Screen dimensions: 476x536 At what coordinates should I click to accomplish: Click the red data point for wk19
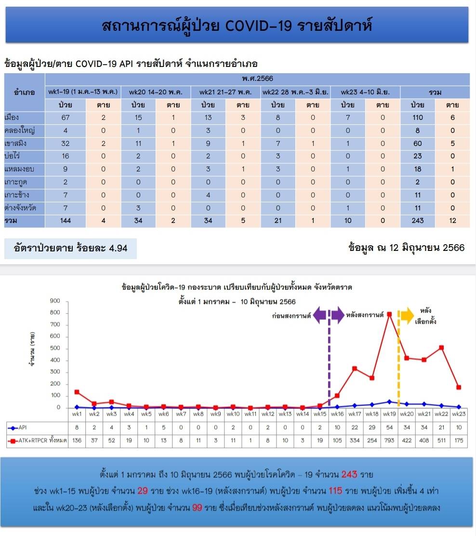[389, 314]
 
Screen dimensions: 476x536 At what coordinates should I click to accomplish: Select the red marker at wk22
[441, 348]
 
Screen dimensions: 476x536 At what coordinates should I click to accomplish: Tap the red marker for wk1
[77, 392]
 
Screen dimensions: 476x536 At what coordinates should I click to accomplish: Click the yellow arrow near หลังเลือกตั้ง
[407, 315]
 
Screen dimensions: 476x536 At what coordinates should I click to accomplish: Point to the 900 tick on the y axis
[55, 301]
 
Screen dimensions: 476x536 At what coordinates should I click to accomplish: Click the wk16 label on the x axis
[337, 414]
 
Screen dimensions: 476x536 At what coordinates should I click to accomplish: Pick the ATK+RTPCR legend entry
[37, 441]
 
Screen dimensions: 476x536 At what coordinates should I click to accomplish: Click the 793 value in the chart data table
[389, 441]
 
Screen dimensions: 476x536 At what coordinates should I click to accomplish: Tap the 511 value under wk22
[441, 441]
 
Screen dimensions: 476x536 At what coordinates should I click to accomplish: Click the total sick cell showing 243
[418, 221]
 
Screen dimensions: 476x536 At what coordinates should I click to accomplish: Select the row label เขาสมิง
[15, 143]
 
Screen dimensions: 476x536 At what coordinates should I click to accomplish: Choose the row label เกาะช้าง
[17, 195]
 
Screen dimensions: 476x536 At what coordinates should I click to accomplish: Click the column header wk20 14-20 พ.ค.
[156, 92]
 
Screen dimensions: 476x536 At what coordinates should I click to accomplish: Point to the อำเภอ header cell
[24, 92]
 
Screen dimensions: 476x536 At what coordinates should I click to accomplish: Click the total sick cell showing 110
[418, 118]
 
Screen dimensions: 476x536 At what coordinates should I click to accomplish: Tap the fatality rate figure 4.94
[118, 248]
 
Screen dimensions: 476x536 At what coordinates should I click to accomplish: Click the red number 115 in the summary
[335, 491]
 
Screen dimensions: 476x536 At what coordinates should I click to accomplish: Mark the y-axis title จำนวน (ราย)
[32, 349]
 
